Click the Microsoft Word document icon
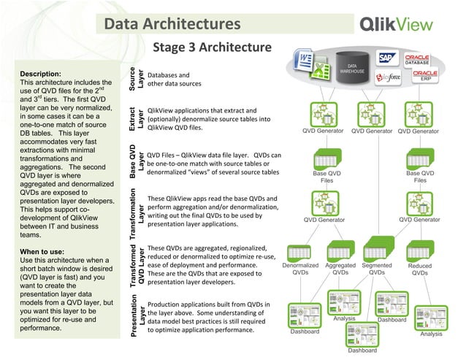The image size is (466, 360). (x=304, y=60)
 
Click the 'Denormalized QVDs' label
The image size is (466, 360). (x=300, y=269)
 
